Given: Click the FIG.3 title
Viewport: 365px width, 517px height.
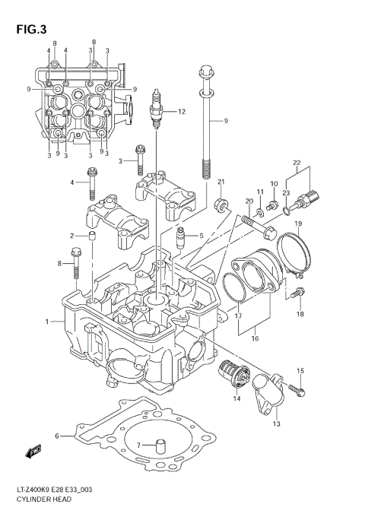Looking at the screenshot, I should pos(30,30).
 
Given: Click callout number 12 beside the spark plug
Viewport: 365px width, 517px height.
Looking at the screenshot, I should pos(181,112).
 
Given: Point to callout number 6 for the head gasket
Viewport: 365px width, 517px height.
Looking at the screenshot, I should pos(57,436).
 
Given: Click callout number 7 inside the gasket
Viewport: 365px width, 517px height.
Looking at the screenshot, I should pos(138,445).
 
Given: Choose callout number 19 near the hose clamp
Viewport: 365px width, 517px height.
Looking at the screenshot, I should pos(299,223).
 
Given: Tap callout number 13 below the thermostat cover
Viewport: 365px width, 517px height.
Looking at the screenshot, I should pos(276,423).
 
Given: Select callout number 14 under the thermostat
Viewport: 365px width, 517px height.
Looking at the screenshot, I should pos(236,398).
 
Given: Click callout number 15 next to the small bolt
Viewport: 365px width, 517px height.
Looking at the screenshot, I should pos(300,370).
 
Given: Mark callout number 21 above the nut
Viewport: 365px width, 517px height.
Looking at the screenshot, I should pos(222,181).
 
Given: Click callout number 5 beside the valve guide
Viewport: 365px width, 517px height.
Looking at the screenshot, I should pos(201,236).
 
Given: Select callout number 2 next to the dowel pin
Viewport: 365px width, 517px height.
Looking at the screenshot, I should pos(73,236).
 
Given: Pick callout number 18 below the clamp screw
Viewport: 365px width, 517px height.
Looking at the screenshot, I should pos(300,314).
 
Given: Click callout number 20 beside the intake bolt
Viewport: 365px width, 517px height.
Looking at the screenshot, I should pos(249,201).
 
